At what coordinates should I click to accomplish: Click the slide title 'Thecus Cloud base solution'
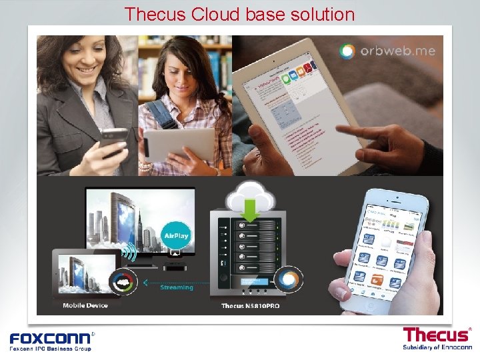click(239, 13)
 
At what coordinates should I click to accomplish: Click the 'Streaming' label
click(177, 287)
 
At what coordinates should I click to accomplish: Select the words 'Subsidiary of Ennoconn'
click(437, 347)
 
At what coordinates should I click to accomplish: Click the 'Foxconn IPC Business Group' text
click(50, 348)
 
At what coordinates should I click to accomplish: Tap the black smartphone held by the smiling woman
click(113, 140)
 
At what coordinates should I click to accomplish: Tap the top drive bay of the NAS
click(251, 225)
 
